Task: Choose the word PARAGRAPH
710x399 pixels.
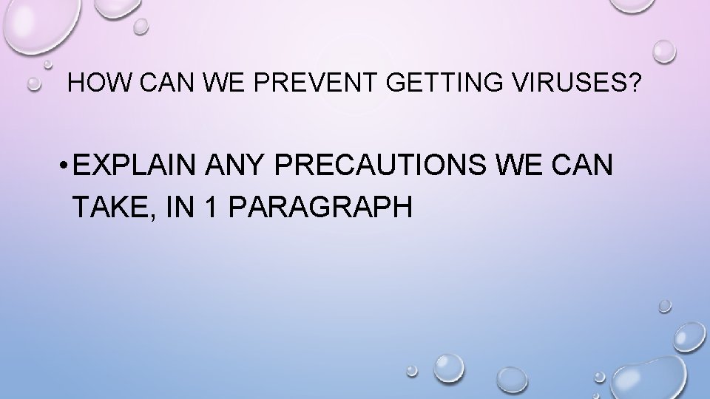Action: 321,208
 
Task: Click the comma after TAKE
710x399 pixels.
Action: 149,216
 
